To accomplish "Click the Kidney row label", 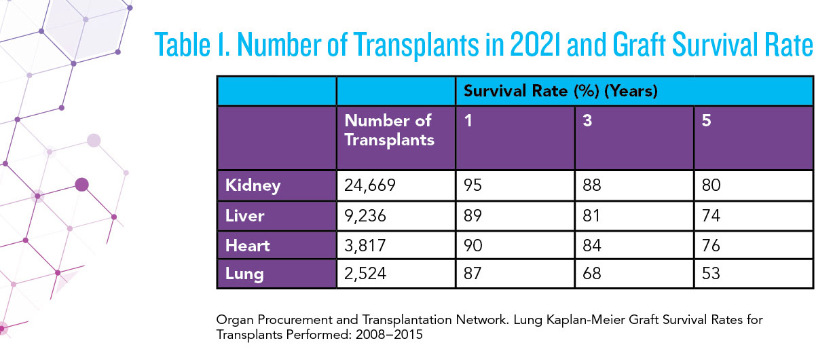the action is (253, 185).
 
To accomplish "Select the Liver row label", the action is (244, 216).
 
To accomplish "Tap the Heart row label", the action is (247, 246).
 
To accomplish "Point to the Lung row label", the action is (244, 274).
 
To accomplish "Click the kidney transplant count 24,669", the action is (369, 185).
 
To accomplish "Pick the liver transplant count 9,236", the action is (365, 216).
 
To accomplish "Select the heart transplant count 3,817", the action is (365, 246).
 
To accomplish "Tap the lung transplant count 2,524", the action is (365, 274).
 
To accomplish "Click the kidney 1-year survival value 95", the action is (473, 185).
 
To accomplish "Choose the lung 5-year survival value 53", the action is (711, 273).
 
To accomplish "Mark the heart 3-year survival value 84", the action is (591, 245).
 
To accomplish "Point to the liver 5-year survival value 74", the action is (711, 216).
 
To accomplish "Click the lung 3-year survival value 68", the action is (591, 273).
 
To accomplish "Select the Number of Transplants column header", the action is (390, 130).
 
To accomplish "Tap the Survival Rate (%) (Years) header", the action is (560, 91).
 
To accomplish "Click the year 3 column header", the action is (587, 120).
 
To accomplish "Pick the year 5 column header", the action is (707, 120).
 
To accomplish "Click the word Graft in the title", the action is (639, 45).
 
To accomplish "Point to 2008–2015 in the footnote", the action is (389, 335).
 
